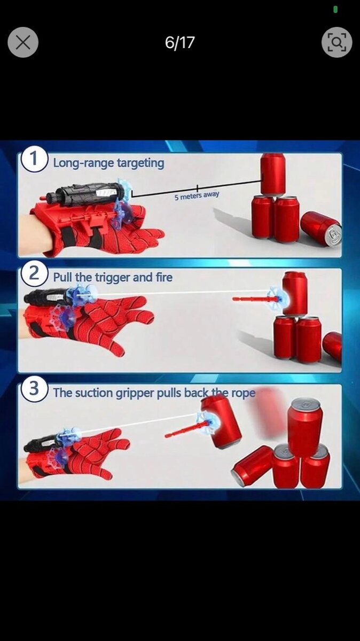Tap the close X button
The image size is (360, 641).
click(23, 42)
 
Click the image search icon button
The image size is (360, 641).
click(337, 42)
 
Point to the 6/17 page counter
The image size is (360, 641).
click(179, 42)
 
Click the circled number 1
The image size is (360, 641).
click(34, 159)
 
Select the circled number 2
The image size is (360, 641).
click(34, 273)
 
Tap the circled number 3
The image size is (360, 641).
click(34, 389)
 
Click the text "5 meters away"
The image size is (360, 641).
click(197, 196)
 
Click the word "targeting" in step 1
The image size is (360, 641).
click(140, 163)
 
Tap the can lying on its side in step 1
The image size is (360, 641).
click(321, 229)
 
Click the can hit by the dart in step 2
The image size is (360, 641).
click(295, 294)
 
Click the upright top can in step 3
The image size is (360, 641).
click(304, 423)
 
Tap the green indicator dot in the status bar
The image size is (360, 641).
click(335, 10)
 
